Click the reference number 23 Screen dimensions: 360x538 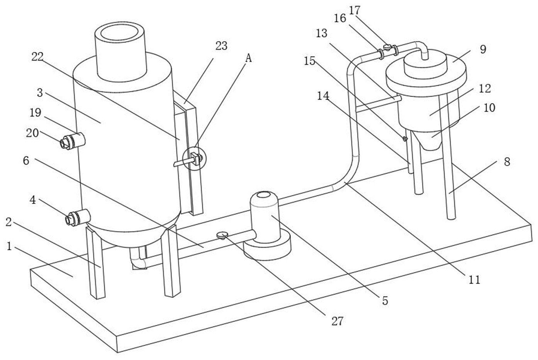[x=221, y=46]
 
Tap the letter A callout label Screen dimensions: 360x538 [x=248, y=58]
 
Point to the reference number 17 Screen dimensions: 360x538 [x=355, y=10]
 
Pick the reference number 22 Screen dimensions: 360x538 [x=37, y=57]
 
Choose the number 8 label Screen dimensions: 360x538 [x=507, y=161]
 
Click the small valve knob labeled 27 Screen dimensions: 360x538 [x=222, y=234]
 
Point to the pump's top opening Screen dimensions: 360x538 [x=264, y=195]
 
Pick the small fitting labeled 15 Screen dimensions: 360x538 [x=405, y=139]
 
